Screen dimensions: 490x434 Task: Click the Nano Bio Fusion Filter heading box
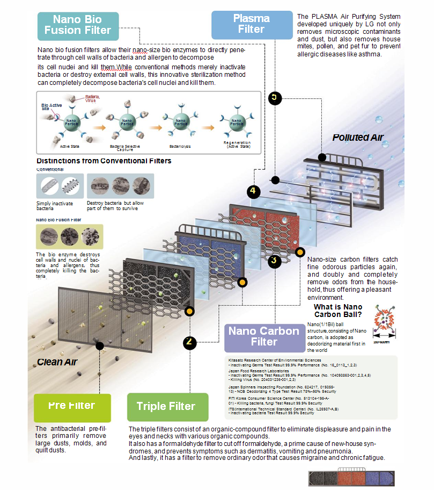[78, 25]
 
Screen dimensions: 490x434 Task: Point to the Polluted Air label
[358, 137]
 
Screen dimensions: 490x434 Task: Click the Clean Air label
[57, 362]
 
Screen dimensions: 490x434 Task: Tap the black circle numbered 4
[254, 191]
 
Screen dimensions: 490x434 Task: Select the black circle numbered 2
[189, 342]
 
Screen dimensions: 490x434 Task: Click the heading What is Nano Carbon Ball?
[338, 311]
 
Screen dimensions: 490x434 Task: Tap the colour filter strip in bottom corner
[352, 477]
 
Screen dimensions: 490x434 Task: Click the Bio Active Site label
[49, 106]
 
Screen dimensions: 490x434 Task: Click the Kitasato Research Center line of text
[275, 360]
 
